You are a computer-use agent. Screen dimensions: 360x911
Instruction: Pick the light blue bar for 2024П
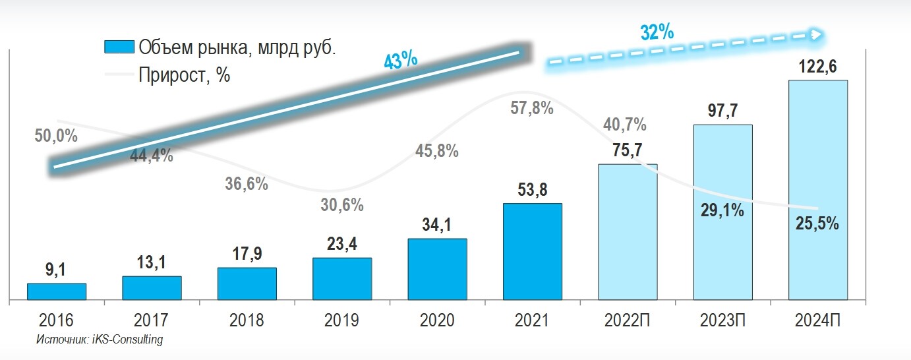pos(818,191)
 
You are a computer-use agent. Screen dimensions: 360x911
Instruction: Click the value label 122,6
pos(818,67)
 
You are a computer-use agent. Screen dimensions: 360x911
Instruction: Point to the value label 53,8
pos(533,191)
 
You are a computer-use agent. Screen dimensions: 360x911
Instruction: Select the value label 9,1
pos(57,270)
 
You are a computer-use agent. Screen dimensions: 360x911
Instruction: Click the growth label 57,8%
pos(532,108)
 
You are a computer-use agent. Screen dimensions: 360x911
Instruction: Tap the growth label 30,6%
pos(342,205)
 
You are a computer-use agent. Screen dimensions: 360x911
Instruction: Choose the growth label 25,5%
pos(817,224)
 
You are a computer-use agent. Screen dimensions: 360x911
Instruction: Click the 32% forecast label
pos(657,31)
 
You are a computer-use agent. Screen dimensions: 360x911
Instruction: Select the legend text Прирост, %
pos(184,75)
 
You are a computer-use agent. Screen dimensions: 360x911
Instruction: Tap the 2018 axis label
pos(247,320)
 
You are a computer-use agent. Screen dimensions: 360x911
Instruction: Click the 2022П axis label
pos(628,320)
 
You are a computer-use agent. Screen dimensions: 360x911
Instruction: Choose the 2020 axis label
pos(437,320)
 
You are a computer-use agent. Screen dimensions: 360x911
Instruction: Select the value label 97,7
pos(722,111)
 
